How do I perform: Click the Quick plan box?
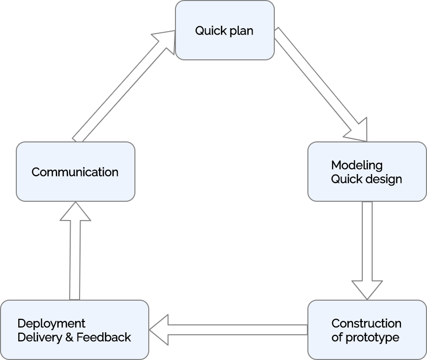pos(224,30)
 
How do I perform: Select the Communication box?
pos(75,172)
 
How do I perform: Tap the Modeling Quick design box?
pos(367,172)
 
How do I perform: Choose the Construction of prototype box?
pos(367,330)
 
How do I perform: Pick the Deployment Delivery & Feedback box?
pos(74,330)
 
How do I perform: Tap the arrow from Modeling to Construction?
pos(367,247)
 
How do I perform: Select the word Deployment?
pos(51,323)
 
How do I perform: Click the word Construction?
pos(366,323)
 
